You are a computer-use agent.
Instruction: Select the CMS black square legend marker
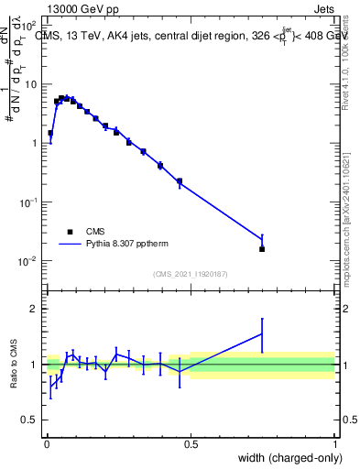pyautogui.click(x=70, y=232)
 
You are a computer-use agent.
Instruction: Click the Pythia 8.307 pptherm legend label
pyautogui.click(x=125, y=245)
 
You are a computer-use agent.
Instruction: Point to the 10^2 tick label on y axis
pyautogui.click(x=29, y=25)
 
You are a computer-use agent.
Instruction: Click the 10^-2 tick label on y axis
pyautogui.click(x=28, y=261)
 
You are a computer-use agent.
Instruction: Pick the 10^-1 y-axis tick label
pyautogui.click(x=28, y=202)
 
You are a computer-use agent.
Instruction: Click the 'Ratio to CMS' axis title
pyautogui.click(x=13, y=364)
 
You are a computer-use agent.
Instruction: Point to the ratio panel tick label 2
pyautogui.click(x=34, y=309)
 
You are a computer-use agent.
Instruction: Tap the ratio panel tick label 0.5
pyautogui.click(x=30, y=420)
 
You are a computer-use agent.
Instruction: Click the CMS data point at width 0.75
pyautogui.click(x=262, y=249)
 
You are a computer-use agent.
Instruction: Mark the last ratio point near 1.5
pyautogui.click(x=262, y=334)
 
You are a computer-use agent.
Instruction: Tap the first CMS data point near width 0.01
pyautogui.click(x=50, y=133)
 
